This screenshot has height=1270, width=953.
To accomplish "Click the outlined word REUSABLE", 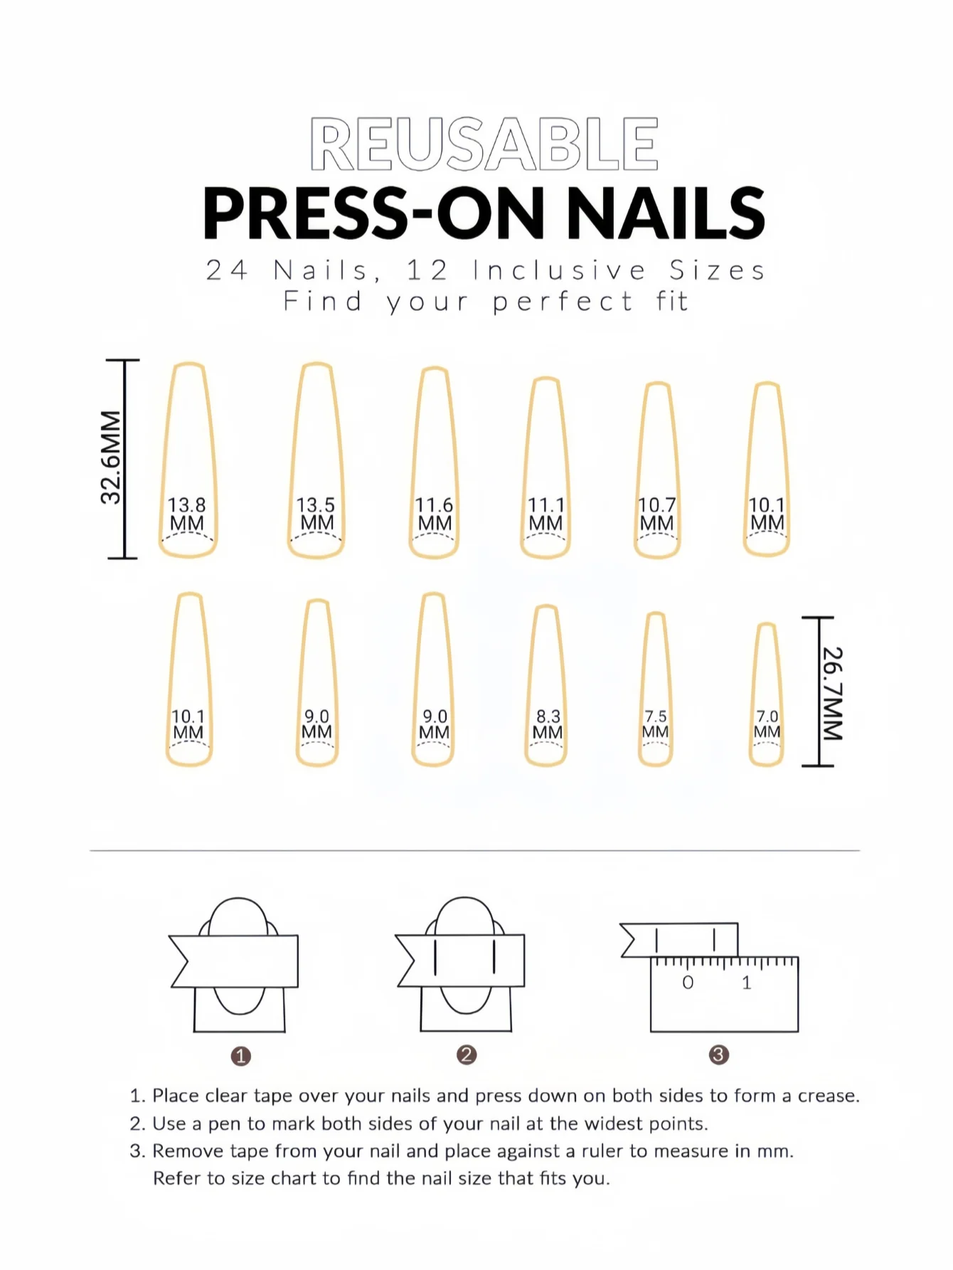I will pos(484,144).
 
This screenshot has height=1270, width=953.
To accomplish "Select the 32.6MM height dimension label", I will pos(111,457).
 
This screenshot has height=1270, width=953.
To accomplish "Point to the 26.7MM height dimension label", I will pos(832,694).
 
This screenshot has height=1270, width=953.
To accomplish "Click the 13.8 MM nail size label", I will pos(187,514).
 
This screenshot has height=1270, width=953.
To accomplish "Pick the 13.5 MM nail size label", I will pos(316,514).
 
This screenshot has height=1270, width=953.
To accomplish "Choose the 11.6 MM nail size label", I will pos(435,514).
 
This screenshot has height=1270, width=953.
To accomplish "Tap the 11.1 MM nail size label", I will pos(546,514).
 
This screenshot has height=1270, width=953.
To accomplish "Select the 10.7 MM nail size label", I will pos(657,514).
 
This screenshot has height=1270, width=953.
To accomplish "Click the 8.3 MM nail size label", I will pos(548,724).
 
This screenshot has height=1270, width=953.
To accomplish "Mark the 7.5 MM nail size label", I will pos(656,724).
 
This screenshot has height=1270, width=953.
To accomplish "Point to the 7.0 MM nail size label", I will pos(767,724).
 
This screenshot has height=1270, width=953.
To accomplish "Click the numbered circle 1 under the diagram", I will pos(241,1056).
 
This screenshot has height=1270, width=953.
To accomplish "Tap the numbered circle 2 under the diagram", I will pos(467,1054).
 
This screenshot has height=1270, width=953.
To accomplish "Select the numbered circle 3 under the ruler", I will pos(718,1054).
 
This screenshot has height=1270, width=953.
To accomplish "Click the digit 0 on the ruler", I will pos(688,983).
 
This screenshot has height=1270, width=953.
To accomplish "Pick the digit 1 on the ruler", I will pos(746,983).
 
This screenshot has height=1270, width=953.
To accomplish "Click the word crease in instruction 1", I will pos(828,1096).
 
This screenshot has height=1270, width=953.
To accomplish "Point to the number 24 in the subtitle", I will pos(227,270).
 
